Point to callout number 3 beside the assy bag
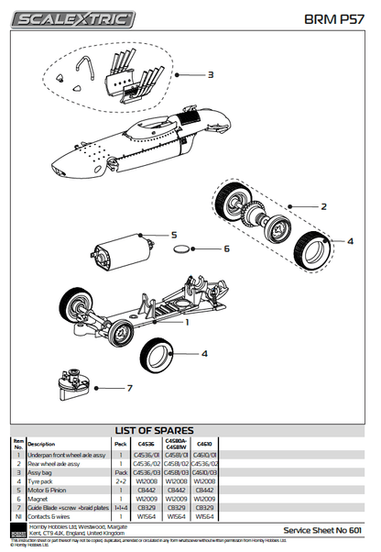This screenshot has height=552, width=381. click(x=211, y=74)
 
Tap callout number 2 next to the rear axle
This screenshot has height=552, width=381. click(x=322, y=206)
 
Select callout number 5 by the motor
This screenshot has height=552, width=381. click(x=173, y=235)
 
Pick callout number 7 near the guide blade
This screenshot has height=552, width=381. click(x=129, y=387)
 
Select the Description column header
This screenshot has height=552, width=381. click(x=41, y=444)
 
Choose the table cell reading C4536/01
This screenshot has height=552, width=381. click(x=147, y=455)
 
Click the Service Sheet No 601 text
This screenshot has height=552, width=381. click(x=327, y=530)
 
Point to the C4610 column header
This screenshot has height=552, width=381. click(x=205, y=442)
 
